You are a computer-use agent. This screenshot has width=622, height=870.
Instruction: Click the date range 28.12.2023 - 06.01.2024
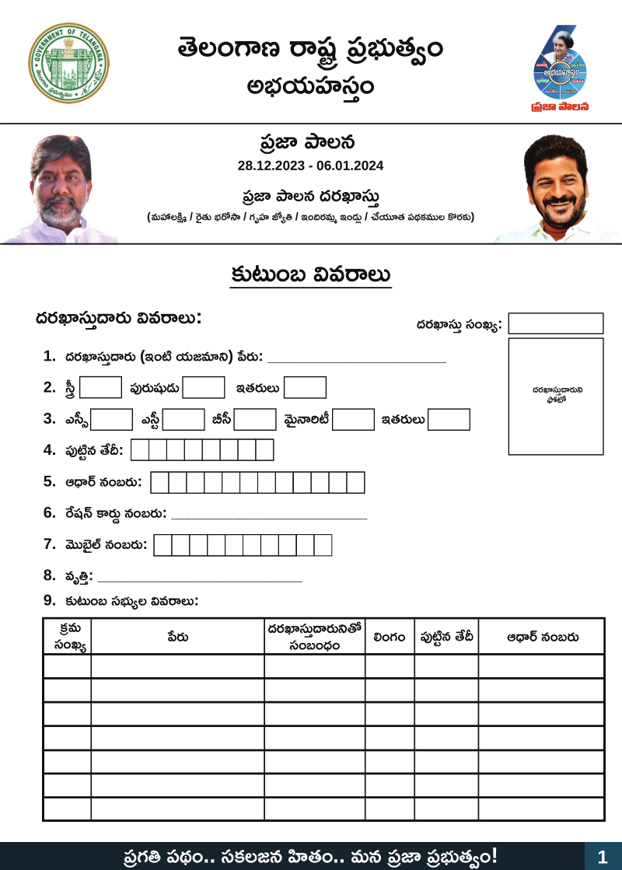coord(310,166)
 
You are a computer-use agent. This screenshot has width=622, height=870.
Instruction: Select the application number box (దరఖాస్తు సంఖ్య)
coord(555,323)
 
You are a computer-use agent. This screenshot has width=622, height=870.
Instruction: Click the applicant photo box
coord(555,396)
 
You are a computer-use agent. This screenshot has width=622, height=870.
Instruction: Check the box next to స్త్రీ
coord(100,387)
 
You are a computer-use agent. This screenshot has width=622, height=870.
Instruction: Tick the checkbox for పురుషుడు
coord(204,387)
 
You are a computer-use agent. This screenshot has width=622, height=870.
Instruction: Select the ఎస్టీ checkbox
coord(183,419)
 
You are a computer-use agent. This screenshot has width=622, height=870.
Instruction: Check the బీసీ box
coord(255,419)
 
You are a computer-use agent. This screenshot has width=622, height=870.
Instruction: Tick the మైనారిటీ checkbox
coord(354,419)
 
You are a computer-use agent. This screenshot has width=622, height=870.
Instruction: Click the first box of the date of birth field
coord(140,450)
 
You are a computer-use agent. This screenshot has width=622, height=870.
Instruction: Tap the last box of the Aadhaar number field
coord(355,483)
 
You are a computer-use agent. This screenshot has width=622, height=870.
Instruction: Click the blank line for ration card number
coord(268,515)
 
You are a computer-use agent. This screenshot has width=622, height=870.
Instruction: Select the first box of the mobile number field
coord(162,545)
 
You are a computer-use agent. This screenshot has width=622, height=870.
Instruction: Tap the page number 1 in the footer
coord(603,857)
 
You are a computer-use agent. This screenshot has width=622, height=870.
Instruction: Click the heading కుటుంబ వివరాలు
coord(310,275)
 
